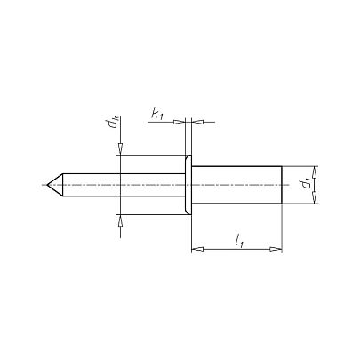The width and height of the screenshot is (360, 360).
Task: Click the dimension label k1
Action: (x=157, y=114)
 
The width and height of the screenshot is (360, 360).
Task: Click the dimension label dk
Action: (x=114, y=122)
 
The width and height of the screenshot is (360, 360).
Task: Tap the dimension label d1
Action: (x=307, y=184)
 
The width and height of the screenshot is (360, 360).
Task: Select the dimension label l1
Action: (x=239, y=241)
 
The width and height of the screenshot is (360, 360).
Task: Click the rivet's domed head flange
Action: (x=188, y=184)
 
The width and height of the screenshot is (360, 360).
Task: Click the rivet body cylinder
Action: (x=236, y=185)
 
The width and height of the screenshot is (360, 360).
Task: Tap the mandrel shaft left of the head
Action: (x=124, y=185)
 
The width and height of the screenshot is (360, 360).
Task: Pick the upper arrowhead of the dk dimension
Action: (x=120, y=149)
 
